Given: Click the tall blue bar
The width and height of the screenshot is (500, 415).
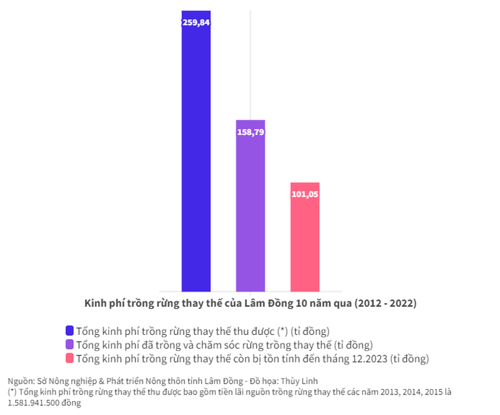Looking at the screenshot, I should coord(196,158).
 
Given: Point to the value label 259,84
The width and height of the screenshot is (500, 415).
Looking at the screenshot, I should coord(196,23).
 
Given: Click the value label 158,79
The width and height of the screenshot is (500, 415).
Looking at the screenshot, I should coord(251,131).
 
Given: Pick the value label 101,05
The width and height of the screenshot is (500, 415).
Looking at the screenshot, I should coord(305,194).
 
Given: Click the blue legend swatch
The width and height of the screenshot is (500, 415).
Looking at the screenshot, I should coord(69,331).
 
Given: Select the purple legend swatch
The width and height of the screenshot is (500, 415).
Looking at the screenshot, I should coord(69,344).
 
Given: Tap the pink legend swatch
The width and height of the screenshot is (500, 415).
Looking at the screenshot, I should coord(69,358).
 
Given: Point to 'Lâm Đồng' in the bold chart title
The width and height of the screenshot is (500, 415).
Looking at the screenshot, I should coord(264,303).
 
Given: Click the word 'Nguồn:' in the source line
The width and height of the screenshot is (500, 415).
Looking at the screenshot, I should coord(20,381).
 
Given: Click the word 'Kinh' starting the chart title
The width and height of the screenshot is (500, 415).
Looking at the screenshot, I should coord(95,303).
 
